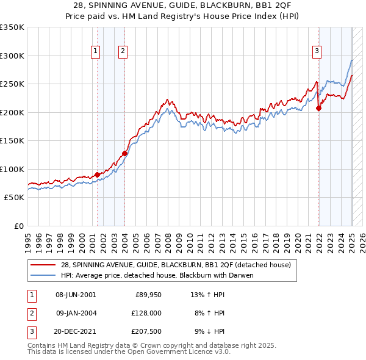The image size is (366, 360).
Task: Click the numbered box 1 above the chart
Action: click(96, 52)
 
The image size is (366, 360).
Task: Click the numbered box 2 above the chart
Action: click(123, 52)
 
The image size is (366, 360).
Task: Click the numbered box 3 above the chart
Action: click(317, 52)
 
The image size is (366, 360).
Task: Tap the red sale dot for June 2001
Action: click(97, 175)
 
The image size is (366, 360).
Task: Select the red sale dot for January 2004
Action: click(124, 153)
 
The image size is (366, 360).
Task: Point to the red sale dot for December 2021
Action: click(318, 109)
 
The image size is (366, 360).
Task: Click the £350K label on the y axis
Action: click(12, 27)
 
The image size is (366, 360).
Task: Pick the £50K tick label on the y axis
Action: click(15, 198)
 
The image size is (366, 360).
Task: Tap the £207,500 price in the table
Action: click(146, 331)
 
